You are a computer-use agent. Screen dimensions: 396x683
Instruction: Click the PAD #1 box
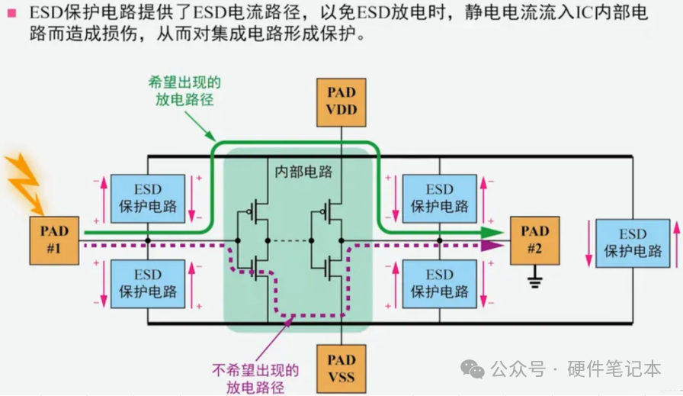coord(54,240)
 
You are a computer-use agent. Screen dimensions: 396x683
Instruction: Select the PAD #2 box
coord(534,240)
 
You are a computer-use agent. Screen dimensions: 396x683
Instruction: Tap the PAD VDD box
coord(341,104)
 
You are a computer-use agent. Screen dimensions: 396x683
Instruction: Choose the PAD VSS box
coord(341,368)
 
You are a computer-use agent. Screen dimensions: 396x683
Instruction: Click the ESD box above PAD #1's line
coord(148,198)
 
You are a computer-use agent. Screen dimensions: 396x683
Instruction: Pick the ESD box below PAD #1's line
coord(148,283)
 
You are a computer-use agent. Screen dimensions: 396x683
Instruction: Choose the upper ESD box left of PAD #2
coord(440,198)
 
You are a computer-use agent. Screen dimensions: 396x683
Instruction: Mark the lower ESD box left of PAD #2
coord(440,283)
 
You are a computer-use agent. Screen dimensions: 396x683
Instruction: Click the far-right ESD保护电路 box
coord(633,243)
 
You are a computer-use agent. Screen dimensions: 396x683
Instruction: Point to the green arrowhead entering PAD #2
coord(495,233)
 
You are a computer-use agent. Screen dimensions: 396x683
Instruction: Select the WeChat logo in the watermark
coord(476,369)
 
